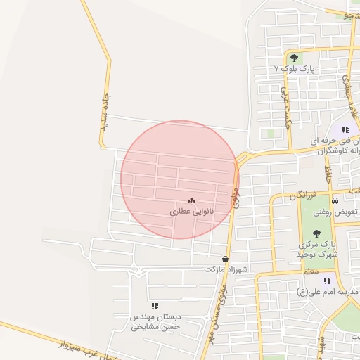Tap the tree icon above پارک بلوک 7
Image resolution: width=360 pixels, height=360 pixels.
[293, 58]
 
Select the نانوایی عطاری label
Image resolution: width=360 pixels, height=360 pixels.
[192, 211]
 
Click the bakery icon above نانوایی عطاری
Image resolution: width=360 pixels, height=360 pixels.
[191, 200]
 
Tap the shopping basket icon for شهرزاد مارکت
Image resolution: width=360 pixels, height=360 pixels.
[225, 259]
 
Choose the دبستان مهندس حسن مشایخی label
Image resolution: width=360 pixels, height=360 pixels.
[155, 322]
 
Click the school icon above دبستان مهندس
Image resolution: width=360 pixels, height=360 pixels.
[155, 306]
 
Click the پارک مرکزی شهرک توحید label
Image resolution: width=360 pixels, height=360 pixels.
[318, 248]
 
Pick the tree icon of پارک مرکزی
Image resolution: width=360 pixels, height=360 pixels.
[316, 233]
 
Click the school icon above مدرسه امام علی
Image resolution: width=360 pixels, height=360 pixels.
[327, 281]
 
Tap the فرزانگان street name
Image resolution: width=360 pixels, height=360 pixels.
[303, 194]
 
